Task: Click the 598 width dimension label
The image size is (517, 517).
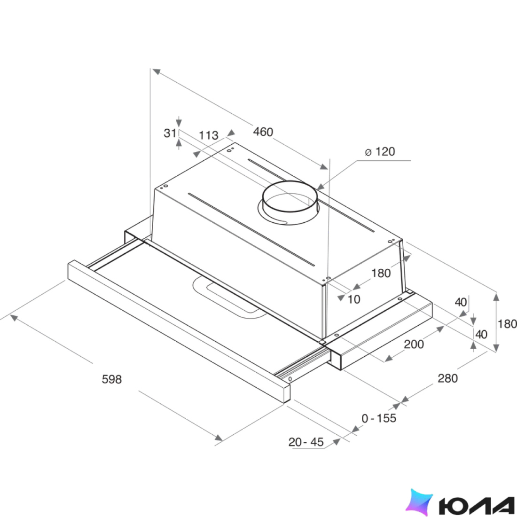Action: pyautogui.click(x=112, y=379)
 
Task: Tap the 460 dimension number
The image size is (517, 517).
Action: pyautogui.click(x=263, y=132)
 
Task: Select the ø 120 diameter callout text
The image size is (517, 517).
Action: pyautogui.click(x=380, y=151)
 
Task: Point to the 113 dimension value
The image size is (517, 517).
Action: pyautogui.click(x=208, y=135)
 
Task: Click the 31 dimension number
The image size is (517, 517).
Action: pyautogui.click(x=170, y=133)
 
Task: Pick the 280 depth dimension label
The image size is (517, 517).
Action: pyautogui.click(x=447, y=378)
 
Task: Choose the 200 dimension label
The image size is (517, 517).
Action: pyautogui.click(x=414, y=344)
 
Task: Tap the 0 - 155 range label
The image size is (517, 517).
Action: pyautogui.click(x=379, y=418)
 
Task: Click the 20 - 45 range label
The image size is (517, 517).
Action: pyautogui.click(x=306, y=442)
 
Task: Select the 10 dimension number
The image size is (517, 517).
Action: pyautogui.click(x=354, y=299)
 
